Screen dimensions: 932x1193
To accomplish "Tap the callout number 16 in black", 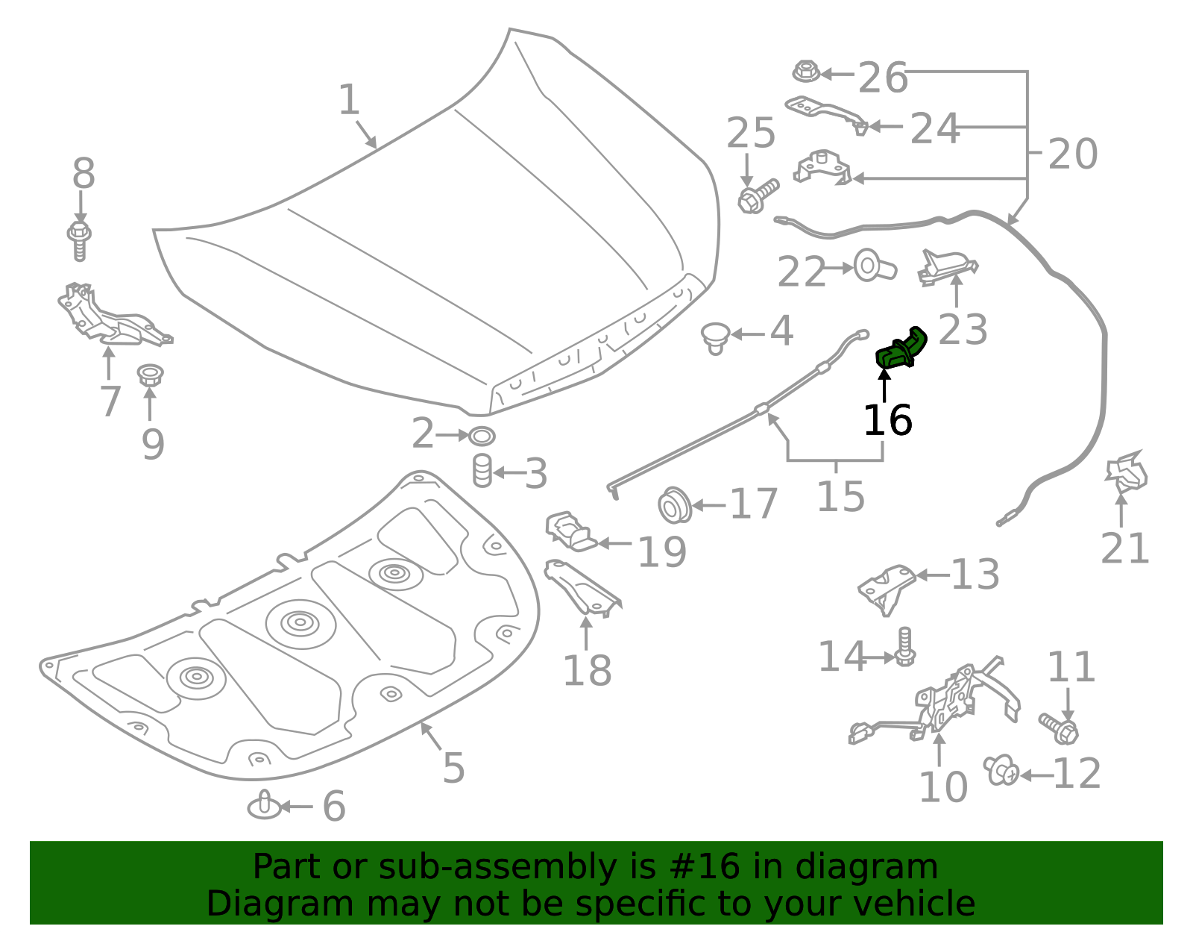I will pos(887,420).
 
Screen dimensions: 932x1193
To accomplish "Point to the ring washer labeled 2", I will pos(482,435).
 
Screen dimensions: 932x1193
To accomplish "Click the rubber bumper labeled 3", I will pos(482,471).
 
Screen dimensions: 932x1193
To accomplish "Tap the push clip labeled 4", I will pos(716,337).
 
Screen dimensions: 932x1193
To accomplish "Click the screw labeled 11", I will pos(1059,728).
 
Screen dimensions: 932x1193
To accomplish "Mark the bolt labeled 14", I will pos(904,647).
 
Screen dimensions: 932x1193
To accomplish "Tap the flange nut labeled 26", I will pos(806,72).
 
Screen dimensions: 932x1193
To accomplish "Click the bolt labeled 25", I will pos(756,196).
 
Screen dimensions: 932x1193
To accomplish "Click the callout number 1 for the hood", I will pos(349,100).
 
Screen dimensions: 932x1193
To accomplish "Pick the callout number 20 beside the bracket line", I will pos(1073,154).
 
